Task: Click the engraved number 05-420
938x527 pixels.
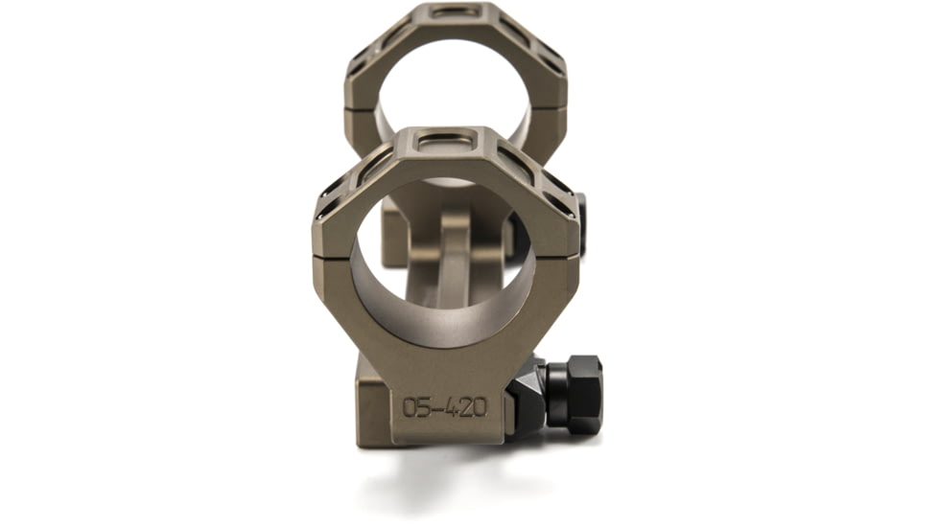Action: [x=444, y=407]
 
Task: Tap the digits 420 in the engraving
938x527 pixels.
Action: [x=463, y=407]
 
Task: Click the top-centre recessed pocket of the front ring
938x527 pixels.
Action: [x=445, y=141]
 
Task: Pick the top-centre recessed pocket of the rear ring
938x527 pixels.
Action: [x=455, y=11]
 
